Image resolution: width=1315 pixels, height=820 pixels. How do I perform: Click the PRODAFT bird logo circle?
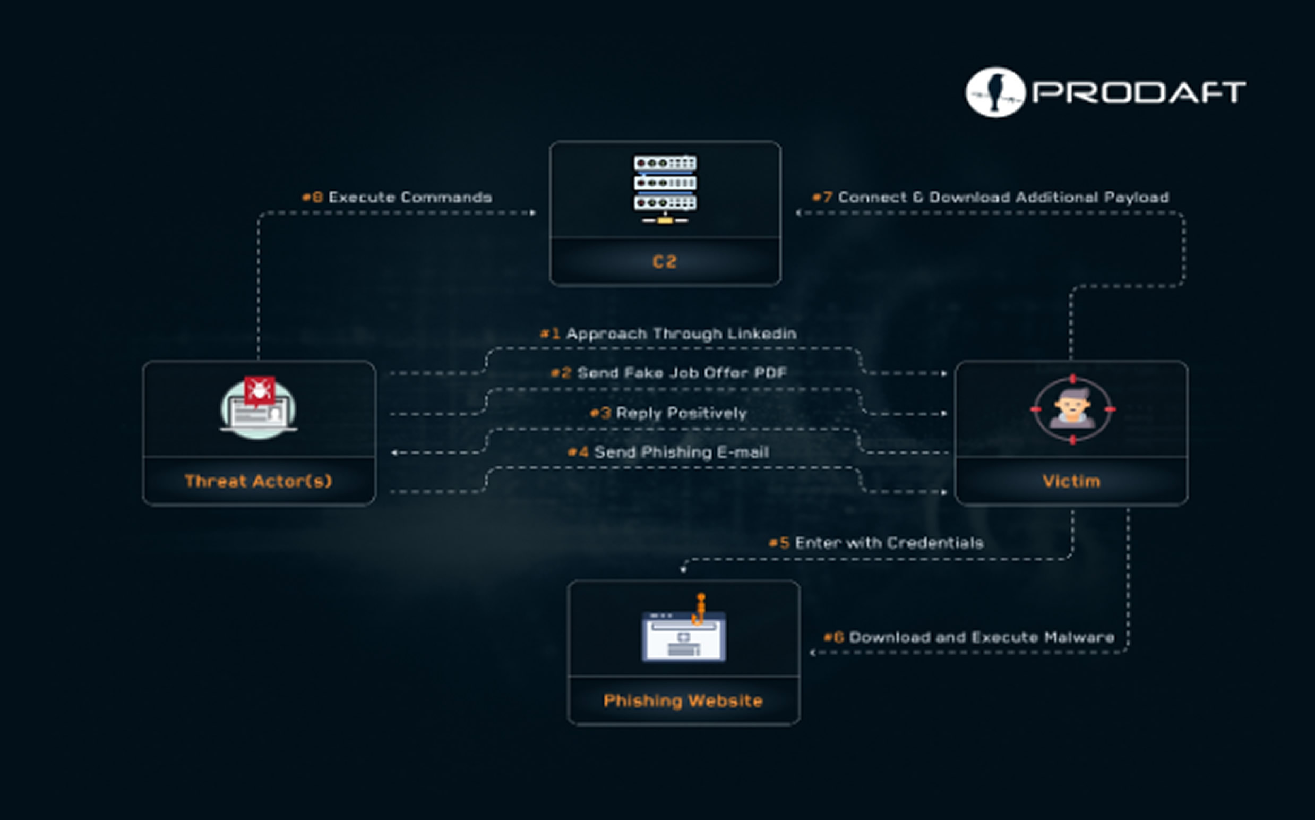(x=995, y=92)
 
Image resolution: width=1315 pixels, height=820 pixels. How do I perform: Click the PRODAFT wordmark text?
(x=1139, y=92)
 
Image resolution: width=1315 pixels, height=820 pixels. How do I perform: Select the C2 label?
(x=665, y=262)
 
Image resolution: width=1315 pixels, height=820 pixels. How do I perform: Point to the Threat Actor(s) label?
(x=258, y=481)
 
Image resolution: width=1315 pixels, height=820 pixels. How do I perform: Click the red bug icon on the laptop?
(x=260, y=390)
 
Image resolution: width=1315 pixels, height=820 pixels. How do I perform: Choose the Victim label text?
(x=1072, y=481)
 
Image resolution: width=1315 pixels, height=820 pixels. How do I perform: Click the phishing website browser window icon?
(x=684, y=636)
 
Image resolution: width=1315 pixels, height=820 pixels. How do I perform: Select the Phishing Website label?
(x=683, y=701)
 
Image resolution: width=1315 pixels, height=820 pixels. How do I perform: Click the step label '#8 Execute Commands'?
(x=397, y=197)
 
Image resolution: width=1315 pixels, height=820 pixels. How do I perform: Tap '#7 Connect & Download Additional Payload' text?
(x=990, y=197)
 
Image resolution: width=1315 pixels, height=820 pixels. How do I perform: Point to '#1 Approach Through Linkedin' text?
(x=668, y=334)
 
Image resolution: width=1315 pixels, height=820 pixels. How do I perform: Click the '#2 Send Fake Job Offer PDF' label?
(x=668, y=373)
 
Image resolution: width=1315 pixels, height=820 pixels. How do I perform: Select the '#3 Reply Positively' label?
(x=668, y=413)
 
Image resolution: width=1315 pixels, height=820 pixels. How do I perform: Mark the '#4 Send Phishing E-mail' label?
(x=668, y=452)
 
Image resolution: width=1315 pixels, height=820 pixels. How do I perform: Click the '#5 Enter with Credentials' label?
(x=876, y=543)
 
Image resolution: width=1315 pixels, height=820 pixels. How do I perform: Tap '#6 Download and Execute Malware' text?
(x=969, y=637)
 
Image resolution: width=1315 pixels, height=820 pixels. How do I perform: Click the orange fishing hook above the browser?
(x=700, y=609)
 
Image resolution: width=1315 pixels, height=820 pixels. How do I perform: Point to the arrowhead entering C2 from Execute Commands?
(x=534, y=212)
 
